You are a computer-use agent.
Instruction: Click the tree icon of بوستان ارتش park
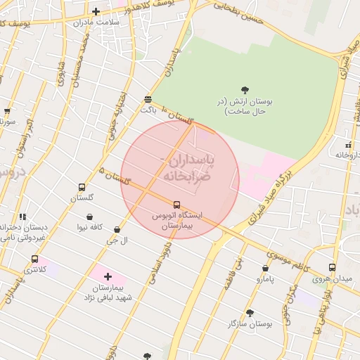245,89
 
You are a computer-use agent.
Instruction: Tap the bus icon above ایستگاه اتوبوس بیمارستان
176,205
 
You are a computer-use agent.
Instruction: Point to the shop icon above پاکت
147,99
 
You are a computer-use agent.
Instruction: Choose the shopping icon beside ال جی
116,229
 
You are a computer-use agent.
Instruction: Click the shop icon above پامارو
265,268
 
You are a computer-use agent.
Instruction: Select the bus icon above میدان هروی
332,267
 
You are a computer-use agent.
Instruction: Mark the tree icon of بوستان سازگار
250,313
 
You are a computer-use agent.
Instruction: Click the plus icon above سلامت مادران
96,11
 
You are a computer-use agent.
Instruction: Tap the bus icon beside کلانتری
35,259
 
